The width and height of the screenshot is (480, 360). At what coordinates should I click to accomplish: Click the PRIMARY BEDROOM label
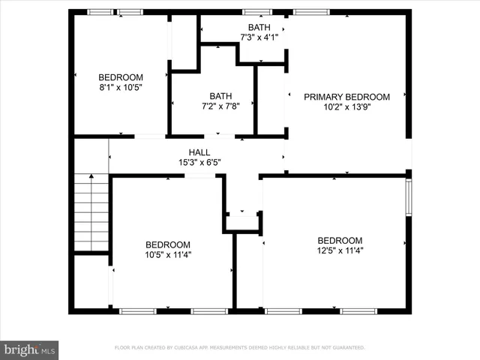[x=346, y=97]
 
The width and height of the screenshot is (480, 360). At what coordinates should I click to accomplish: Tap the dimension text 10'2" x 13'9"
[x=346, y=106]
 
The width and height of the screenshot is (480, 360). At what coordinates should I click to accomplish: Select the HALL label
[x=199, y=152]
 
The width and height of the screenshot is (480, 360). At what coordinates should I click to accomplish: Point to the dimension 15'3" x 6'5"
[x=199, y=162]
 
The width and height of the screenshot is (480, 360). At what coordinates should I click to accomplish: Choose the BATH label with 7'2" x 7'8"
[x=220, y=96]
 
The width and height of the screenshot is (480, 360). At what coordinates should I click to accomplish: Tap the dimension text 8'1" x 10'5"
[x=121, y=87]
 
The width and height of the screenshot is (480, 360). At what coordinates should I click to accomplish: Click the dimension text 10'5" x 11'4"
[x=167, y=254]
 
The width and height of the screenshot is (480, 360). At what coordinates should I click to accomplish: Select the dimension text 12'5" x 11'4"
[x=340, y=250]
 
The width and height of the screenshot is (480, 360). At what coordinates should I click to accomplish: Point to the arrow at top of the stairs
[x=91, y=177]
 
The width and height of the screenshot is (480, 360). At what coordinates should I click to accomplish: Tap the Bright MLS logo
[x=30, y=349]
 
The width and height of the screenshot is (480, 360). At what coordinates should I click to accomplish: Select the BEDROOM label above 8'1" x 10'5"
[x=121, y=77]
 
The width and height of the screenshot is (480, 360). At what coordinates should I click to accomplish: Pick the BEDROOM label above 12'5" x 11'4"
[x=340, y=241]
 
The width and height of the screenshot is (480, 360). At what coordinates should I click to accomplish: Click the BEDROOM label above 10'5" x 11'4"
[x=167, y=244]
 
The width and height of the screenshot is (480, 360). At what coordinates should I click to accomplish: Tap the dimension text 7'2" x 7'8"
[x=220, y=106]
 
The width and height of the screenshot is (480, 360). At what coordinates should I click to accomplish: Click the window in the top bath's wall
[x=257, y=12]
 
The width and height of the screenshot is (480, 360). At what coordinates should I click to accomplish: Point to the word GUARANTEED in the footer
[x=347, y=348]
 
